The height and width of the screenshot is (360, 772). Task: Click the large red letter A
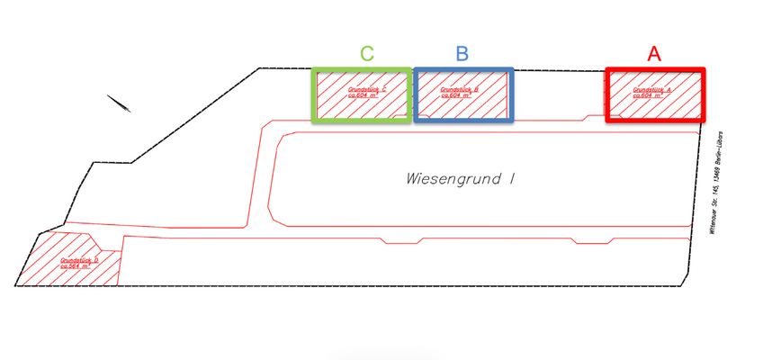[654, 53]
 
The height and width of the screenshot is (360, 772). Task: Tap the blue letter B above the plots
[462, 53]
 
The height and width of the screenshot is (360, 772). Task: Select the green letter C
[366, 53]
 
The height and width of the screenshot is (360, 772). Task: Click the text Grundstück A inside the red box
[654, 89]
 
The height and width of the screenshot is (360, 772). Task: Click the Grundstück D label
[79, 260]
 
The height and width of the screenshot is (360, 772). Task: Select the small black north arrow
[119, 103]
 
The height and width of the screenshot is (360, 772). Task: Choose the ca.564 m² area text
[76, 266]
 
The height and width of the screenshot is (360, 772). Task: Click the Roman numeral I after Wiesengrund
[512, 178]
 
